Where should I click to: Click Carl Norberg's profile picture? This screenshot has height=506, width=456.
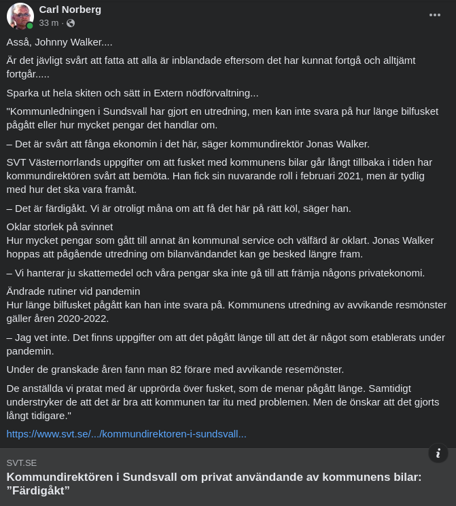20,16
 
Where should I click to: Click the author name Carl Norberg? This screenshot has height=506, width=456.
70,9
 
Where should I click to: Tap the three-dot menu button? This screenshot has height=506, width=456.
435,15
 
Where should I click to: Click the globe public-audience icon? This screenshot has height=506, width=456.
71,23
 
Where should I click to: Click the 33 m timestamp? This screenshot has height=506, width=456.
48,23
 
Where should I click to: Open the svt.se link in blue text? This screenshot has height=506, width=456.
126,433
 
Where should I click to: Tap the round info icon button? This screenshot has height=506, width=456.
438,453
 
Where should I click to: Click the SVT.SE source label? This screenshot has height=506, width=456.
22,463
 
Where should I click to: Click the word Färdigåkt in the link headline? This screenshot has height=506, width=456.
39,490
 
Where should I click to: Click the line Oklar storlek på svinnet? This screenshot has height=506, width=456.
60,226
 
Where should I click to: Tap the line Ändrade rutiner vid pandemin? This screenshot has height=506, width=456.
73,291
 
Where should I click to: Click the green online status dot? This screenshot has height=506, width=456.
30,26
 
